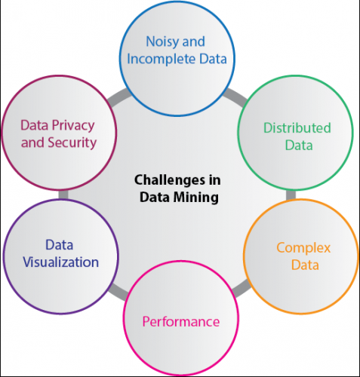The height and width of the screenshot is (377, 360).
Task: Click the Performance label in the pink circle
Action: click(x=181, y=322)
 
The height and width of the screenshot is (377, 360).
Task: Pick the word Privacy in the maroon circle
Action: click(x=74, y=124)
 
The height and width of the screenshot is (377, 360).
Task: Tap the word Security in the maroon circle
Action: click(x=75, y=142)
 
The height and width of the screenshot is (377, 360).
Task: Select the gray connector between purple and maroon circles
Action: click(x=63, y=195)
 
